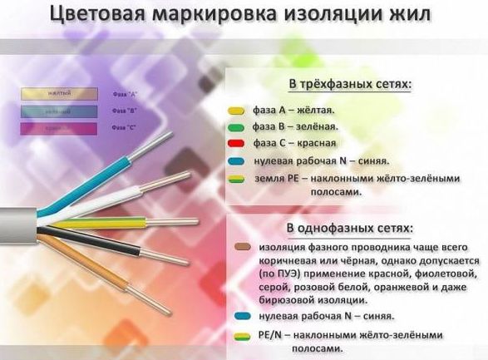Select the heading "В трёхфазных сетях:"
[350, 86]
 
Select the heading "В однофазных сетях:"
[350, 227]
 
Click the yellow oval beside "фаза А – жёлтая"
[235, 110]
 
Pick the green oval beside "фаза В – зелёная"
[235, 127]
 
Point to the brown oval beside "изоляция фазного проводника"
[242, 247]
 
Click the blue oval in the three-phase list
[235, 161]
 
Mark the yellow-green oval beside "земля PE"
[235, 179]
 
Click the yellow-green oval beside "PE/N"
[242, 335]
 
